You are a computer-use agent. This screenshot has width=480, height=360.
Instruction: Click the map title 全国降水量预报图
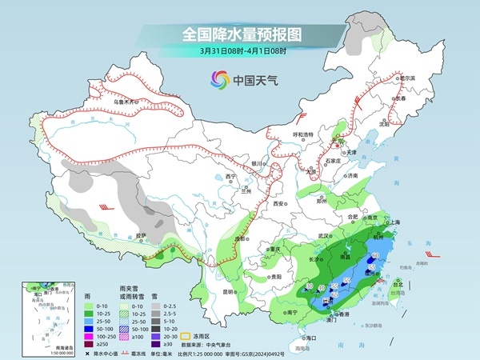pos(240,34)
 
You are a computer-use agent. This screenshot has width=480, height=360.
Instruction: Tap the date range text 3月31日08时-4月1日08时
pos(240,50)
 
